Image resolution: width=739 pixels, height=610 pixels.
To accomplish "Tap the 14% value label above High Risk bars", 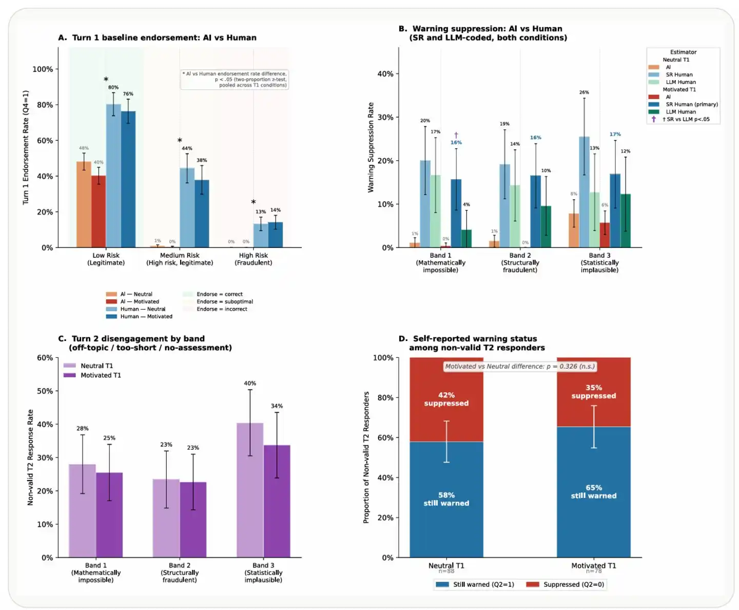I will pos(276,210).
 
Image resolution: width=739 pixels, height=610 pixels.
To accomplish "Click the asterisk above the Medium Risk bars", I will pos(180,141).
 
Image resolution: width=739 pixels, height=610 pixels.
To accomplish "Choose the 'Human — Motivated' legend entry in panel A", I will pos(146,316).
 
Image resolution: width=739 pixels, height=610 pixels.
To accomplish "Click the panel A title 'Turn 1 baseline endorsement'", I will pos(157,37).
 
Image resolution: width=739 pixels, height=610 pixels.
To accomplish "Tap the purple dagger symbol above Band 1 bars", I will pos(456,136).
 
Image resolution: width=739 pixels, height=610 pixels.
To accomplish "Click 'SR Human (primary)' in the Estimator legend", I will pos(691,104).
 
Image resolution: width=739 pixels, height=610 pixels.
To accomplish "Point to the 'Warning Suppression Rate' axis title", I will pos(371,147).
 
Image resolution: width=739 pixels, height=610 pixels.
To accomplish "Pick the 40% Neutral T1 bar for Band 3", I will pos(250,490).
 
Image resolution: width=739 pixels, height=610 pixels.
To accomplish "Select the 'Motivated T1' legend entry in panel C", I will pos(100,375).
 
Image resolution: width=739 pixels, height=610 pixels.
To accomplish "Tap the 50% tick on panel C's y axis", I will pos(45,391).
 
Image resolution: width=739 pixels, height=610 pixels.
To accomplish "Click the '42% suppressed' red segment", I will pos(446,399).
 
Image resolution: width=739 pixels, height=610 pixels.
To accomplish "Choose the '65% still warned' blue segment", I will pos(594,491).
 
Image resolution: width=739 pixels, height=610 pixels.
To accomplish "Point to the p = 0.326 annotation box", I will pos(519,366).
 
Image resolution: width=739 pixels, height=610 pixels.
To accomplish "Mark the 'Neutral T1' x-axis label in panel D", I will pos(446,566).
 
